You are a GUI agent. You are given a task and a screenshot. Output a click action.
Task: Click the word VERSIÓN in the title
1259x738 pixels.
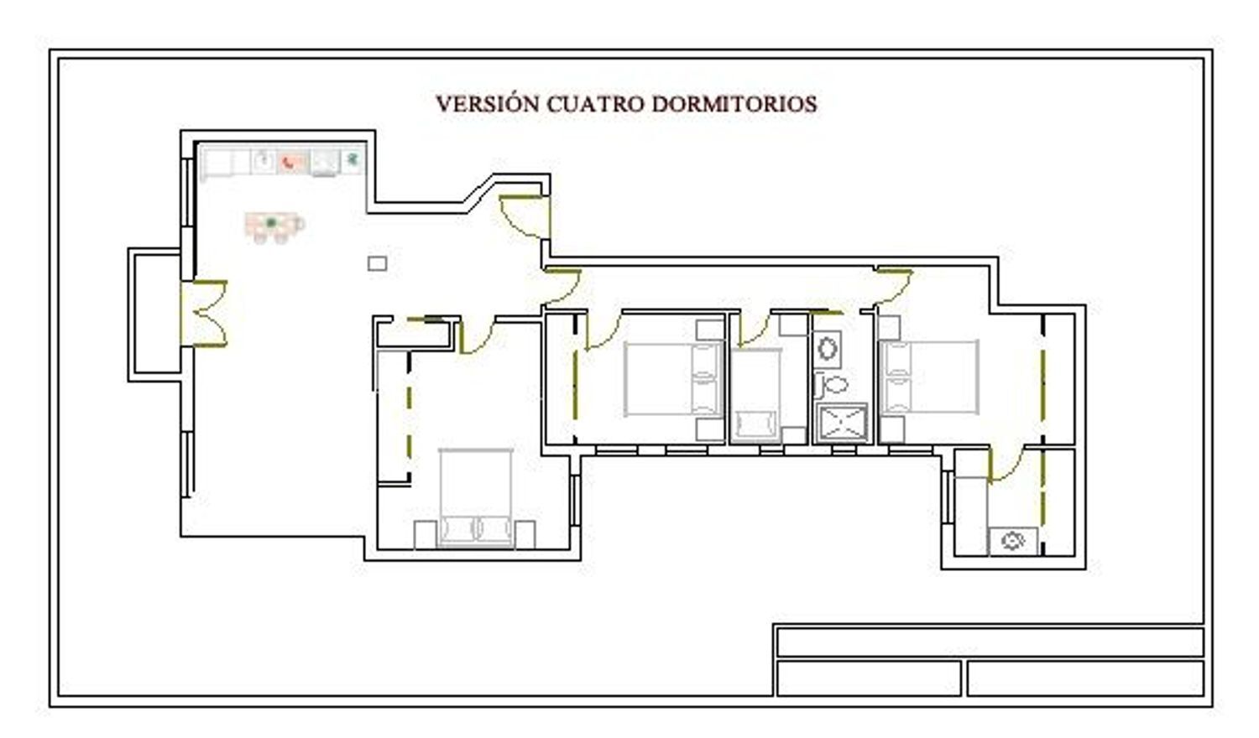point(488,104)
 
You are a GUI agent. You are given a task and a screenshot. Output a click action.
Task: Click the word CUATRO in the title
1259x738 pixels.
point(596,105)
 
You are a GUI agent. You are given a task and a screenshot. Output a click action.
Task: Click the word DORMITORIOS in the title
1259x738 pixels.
point(734,105)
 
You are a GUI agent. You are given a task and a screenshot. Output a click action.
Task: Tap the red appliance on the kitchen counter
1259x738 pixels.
point(292,163)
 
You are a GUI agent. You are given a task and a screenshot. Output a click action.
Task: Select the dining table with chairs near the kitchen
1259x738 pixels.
point(274,227)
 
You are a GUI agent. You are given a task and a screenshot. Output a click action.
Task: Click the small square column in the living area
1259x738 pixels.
point(377,263)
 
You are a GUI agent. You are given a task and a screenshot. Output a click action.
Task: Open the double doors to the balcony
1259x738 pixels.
point(204,314)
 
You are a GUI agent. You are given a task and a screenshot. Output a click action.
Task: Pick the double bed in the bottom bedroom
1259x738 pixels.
point(476,497)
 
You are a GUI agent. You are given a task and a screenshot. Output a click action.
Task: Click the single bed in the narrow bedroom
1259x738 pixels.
point(756,395)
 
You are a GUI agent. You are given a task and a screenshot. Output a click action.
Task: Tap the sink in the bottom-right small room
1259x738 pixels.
point(1013,542)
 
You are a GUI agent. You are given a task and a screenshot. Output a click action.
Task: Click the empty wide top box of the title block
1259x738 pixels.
point(990,642)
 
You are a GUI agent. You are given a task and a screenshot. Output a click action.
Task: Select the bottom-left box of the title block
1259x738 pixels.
point(869,678)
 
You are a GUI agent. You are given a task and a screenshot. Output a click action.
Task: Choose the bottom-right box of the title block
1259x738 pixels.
point(1085,678)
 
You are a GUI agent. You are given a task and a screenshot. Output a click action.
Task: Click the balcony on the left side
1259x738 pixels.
point(155,315)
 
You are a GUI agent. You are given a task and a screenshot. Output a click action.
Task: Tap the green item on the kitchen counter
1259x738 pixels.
point(353,159)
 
